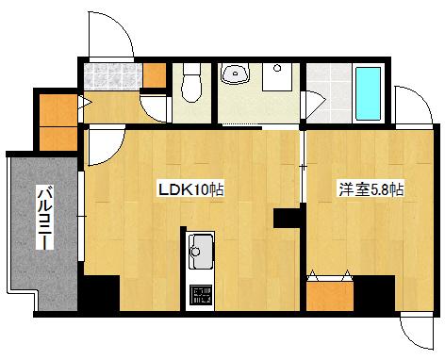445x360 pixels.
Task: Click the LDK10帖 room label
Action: click(191, 189)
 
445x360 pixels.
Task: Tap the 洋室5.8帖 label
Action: click(371, 189)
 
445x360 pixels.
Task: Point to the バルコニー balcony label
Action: click(45, 218)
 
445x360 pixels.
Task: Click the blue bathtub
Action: click(368, 93)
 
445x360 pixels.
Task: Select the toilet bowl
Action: click(191, 83)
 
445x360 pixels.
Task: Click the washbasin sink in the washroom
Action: click(236, 74)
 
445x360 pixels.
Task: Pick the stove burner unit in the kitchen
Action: click(201, 295)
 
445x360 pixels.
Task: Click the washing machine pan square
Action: click(277, 77)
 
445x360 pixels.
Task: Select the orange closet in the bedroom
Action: click(330, 296)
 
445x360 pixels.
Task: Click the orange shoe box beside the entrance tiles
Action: click(155, 75)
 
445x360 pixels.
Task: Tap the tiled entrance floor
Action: click(113, 76)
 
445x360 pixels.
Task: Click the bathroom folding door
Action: click(314, 103)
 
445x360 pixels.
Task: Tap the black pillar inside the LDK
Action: click(286, 218)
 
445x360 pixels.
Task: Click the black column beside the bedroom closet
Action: click(374, 293)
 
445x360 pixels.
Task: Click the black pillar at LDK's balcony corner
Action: click(99, 293)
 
